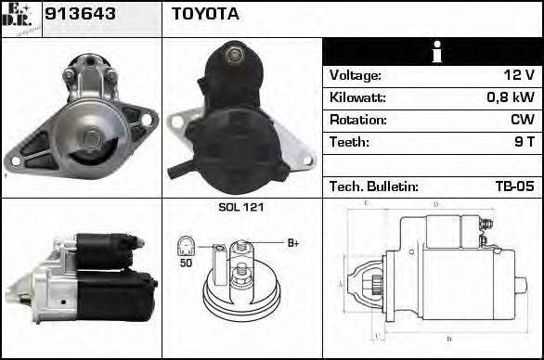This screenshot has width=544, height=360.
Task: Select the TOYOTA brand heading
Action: coord(205,14)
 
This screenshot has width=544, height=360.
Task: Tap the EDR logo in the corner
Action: coord(21,18)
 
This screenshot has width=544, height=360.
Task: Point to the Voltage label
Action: coord(356,76)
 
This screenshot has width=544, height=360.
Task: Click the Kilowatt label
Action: coord(357,97)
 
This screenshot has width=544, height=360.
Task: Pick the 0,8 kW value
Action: coord(511,97)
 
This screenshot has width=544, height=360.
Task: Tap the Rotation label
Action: coord(356,120)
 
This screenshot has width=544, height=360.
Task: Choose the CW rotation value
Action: coord(522,120)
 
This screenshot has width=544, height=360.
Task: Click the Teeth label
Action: coord(349,142)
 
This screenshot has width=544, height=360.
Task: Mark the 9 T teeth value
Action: coord(524,142)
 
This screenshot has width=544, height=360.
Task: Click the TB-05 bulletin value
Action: coord(514,186)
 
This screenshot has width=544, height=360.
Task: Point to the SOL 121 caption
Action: coord(240,207)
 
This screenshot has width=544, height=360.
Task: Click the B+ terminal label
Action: coord(292,243)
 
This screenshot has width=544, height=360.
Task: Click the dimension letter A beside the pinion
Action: coord(341,283)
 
